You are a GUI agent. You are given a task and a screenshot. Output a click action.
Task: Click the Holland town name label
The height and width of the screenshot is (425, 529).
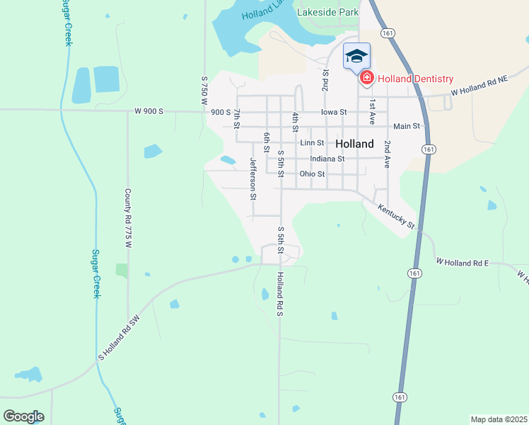coord(354,144)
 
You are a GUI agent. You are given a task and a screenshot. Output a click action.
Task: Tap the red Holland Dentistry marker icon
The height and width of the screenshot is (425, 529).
coord(366,79)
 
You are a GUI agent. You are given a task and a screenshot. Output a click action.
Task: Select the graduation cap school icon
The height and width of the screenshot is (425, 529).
coord(356,56)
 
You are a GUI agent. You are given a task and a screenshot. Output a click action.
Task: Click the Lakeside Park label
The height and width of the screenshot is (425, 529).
coord(327,12)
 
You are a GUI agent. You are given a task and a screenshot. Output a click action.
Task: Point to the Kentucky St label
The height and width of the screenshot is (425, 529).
coord(395,216)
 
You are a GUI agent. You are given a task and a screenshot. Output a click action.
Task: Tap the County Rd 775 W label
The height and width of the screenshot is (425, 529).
coord(128,217)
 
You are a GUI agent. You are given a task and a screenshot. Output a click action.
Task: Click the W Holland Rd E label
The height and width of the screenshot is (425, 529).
coord(463,263)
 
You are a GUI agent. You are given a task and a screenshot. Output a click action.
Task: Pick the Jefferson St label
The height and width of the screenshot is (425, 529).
coord(252,178)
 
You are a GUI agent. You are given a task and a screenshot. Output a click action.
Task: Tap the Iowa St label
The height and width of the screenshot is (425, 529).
coord(334,112)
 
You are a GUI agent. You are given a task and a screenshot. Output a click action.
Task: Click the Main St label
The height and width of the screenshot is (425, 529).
coord(407,126)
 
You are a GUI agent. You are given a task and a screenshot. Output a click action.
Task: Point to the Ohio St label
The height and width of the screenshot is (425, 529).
coord(312,174)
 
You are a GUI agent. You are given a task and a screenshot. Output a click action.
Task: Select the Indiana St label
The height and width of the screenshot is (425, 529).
coord(327,159)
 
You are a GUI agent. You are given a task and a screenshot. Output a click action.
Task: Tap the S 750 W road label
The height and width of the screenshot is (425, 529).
coord(204,91)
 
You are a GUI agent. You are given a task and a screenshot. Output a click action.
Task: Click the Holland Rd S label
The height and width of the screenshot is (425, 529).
coord(280,293)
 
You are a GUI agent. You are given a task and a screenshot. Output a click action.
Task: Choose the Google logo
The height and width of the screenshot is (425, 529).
coord(23,416)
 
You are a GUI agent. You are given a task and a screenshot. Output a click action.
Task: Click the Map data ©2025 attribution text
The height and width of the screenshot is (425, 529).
coord(499,419)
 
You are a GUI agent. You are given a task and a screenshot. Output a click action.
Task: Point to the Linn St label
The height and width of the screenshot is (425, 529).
coord(311,143)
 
